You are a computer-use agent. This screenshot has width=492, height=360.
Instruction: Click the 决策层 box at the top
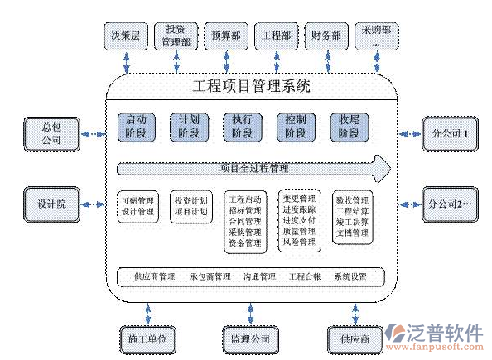coord(127,36)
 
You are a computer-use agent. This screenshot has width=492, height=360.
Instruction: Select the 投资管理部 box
coord(176,36)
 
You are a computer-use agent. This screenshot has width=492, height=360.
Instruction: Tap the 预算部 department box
coord(227,36)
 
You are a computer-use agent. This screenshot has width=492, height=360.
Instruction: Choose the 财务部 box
coord(326,36)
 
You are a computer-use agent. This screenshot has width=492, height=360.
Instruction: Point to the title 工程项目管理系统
coord(251,85)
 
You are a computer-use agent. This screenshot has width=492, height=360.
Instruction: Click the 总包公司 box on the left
coord(51,133)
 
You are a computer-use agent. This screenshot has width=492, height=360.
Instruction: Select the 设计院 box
coord(51,203)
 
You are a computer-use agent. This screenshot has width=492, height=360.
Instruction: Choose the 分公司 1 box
coord(450,132)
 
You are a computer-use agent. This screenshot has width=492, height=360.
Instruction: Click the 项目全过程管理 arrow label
coord(253,169)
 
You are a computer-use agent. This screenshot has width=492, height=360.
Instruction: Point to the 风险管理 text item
coord(299,242)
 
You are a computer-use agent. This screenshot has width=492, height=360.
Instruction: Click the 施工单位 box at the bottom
coord(148,338)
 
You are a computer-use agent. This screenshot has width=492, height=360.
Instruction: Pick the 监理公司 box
coord(246,338)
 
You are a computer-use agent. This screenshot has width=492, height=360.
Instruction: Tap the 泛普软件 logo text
coord(443,333)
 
